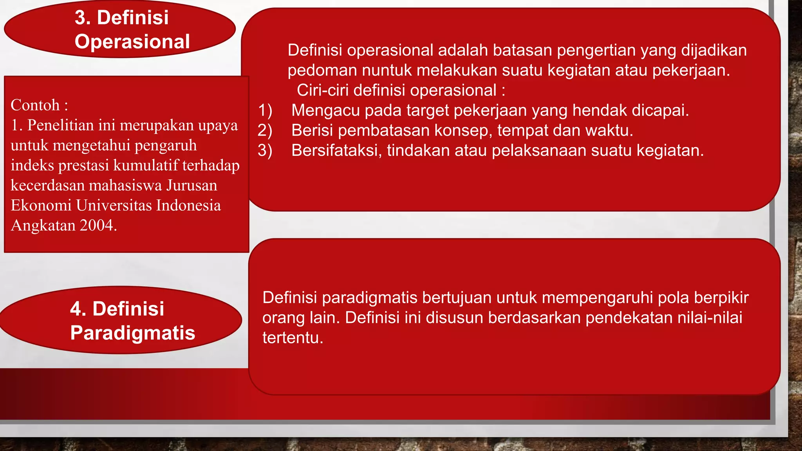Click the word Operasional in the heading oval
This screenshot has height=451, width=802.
click(132, 41)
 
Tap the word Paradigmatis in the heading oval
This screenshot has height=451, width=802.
click(133, 333)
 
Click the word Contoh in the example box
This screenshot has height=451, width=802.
click(35, 105)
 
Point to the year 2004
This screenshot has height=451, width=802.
click(98, 225)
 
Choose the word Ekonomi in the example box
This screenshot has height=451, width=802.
click(41, 205)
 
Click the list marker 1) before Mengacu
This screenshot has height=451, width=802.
click(265, 110)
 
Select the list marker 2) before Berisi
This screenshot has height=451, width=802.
click(265, 130)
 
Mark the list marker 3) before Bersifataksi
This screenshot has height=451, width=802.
click(265, 150)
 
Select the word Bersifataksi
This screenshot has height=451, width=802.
click(336, 150)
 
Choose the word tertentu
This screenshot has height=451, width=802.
click(293, 337)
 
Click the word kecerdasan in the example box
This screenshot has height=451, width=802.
click(47, 185)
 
